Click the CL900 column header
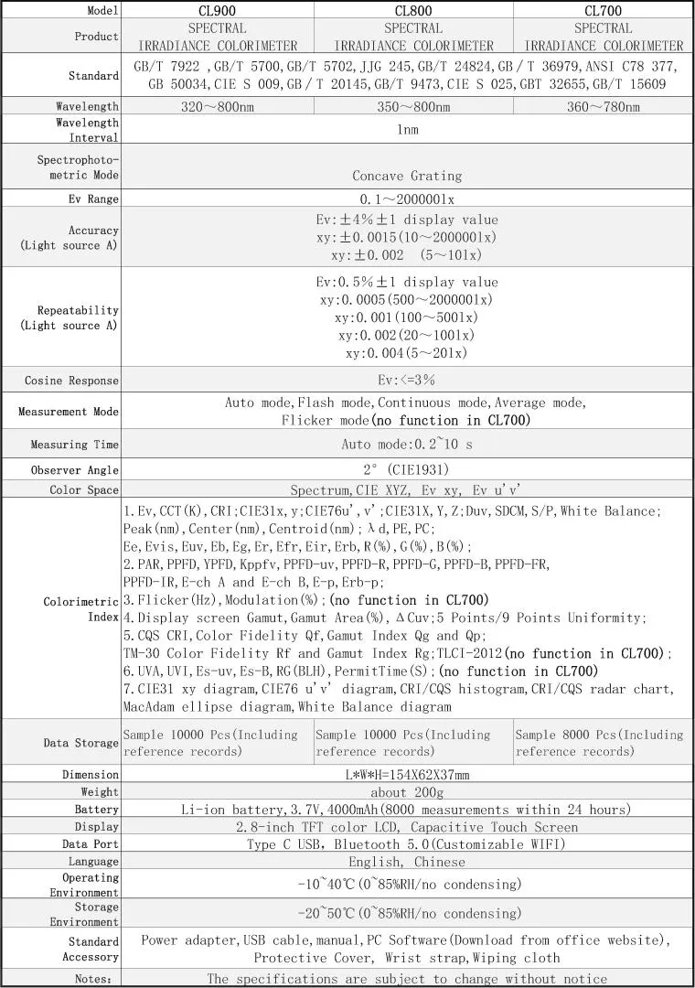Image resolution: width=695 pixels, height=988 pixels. (217, 11)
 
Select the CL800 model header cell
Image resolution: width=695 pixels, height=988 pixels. (413, 11)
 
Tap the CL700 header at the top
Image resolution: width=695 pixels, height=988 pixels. (603, 11)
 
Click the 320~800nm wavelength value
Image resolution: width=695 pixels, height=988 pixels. (217, 107)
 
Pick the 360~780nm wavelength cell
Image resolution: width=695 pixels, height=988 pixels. (603, 107)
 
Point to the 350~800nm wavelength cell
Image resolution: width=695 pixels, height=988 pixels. (413, 107)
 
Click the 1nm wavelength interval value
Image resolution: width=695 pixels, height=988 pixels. (407, 130)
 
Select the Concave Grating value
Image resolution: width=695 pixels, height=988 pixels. (407, 176)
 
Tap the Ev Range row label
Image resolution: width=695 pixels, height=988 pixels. (94, 199)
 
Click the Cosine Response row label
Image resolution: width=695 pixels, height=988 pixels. (72, 380)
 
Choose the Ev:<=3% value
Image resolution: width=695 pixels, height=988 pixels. (407, 380)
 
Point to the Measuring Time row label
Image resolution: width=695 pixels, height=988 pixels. (75, 445)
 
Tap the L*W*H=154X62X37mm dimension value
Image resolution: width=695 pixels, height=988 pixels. (407, 775)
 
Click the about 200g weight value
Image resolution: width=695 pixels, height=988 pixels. (407, 792)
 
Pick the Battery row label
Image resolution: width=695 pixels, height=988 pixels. (97, 810)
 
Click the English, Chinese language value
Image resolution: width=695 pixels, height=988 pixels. (407, 862)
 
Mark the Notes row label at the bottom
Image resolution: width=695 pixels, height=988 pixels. (94, 979)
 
